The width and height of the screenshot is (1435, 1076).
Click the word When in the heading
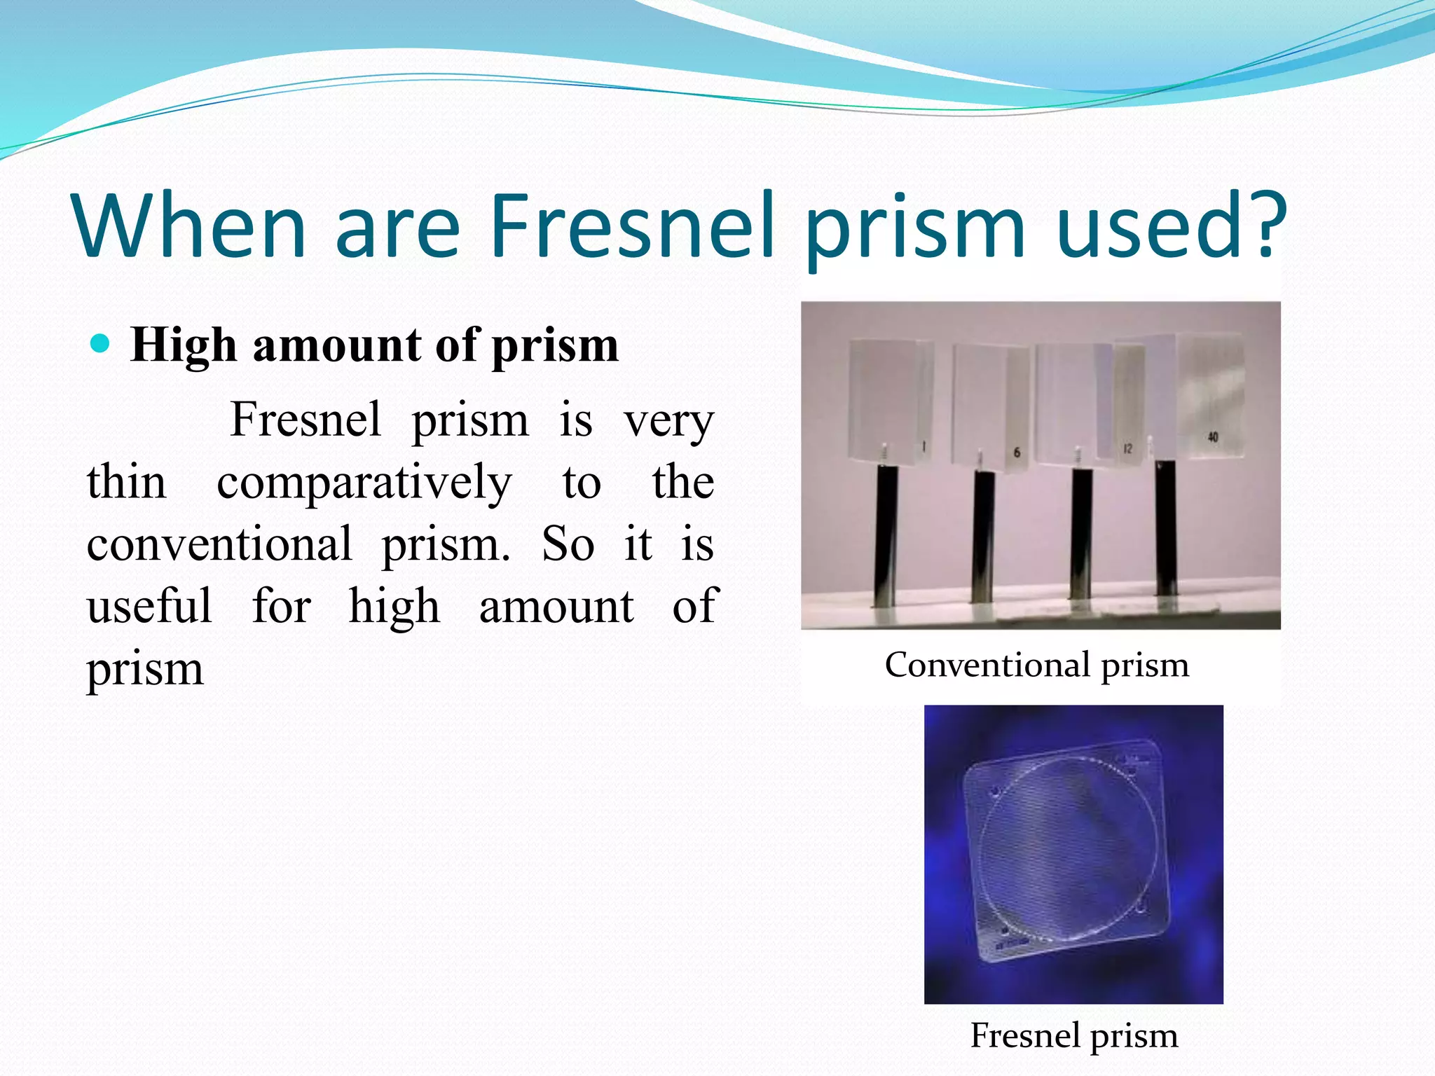[x=189, y=226]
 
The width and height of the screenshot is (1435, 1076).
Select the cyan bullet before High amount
[x=101, y=343]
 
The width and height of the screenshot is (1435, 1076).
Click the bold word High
[x=184, y=345]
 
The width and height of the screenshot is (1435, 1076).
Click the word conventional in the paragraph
[x=219, y=544]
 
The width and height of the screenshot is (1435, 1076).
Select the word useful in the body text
[x=149, y=606]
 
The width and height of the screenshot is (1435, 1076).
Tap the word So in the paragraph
[x=568, y=544]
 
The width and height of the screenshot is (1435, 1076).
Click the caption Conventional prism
[x=1036, y=665]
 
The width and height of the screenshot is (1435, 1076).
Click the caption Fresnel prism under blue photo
[x=1073, y=1035]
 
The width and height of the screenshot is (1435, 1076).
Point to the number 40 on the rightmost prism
[x=1212, y=437]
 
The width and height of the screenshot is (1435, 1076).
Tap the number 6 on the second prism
[x=1017, y=453]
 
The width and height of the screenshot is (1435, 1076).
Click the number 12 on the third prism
[x=1127, y=448]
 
